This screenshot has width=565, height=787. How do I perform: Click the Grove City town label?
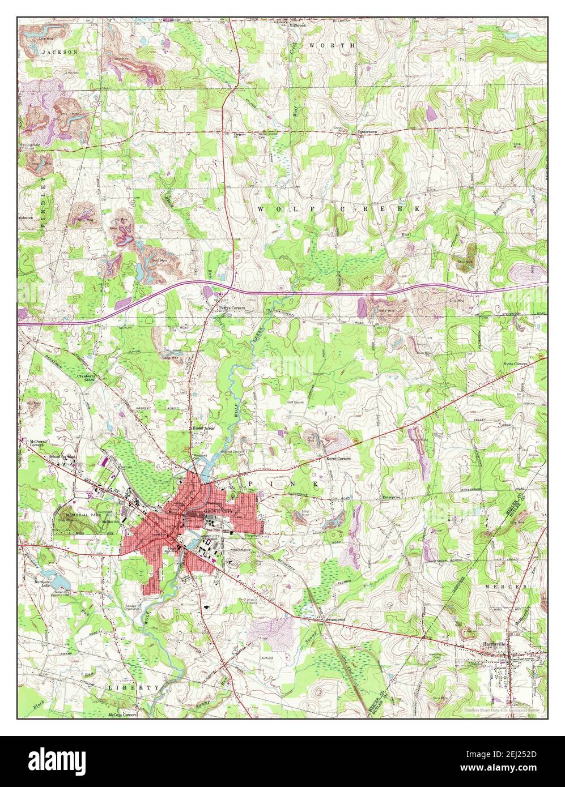[217, 512]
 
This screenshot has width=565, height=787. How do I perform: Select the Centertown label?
[367, 132]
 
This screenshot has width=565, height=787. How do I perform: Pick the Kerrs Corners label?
[338, 458]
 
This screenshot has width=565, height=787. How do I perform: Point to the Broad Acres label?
[205, 429]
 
